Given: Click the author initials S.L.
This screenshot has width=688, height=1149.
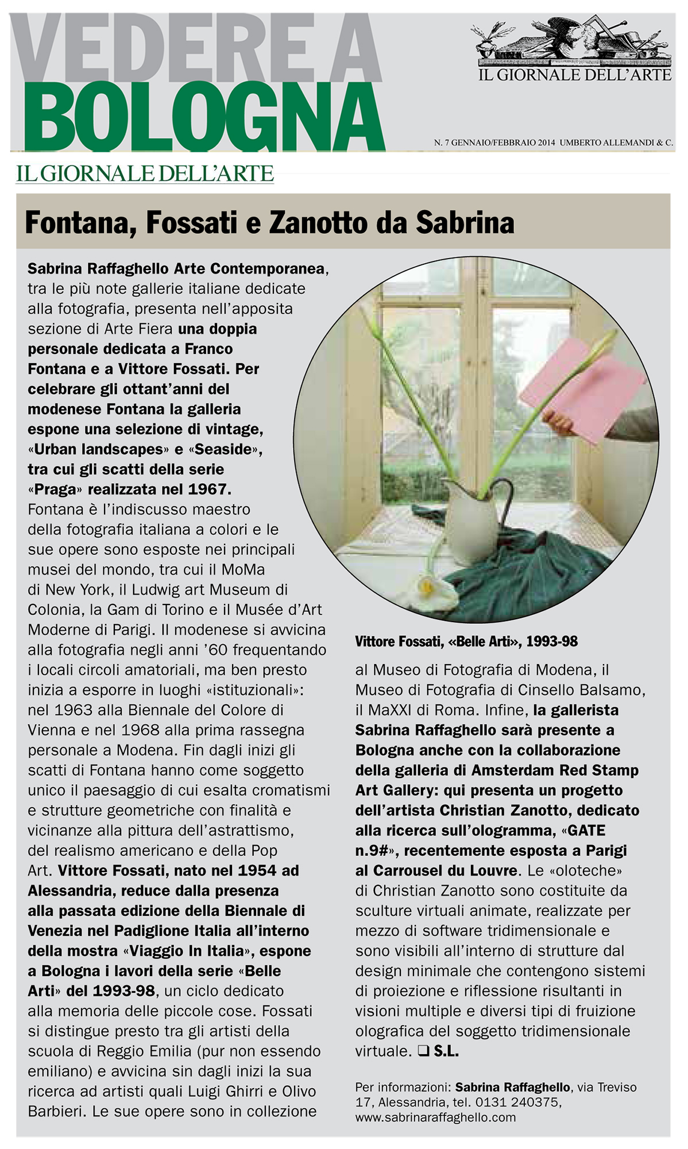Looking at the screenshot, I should click(x=446, y=1051).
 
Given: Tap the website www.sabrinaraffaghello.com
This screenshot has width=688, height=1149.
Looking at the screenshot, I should click(x=435, y=1117).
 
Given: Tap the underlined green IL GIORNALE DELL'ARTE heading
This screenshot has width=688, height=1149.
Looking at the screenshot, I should click(x=145, y=173).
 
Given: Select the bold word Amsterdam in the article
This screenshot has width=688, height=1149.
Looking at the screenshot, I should click(x=513, y=770).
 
